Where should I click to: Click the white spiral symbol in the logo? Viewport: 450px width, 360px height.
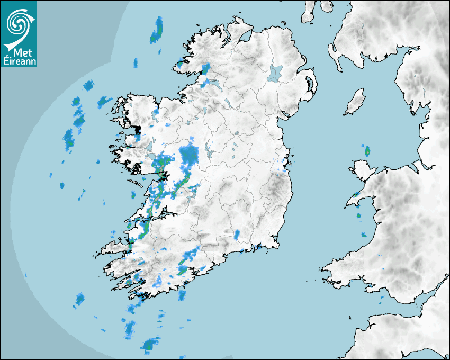pos(19,22)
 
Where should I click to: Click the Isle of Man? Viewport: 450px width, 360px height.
pos(355,102)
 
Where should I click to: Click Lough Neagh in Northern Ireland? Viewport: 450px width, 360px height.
pos(275,73)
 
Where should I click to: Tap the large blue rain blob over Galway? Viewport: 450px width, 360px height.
pos(188,155)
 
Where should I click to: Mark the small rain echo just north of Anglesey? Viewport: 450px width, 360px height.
pos(367,151)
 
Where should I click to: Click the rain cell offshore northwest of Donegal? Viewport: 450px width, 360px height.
pos(157,31)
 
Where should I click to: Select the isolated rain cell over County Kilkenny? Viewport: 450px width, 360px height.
pos(237,233)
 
